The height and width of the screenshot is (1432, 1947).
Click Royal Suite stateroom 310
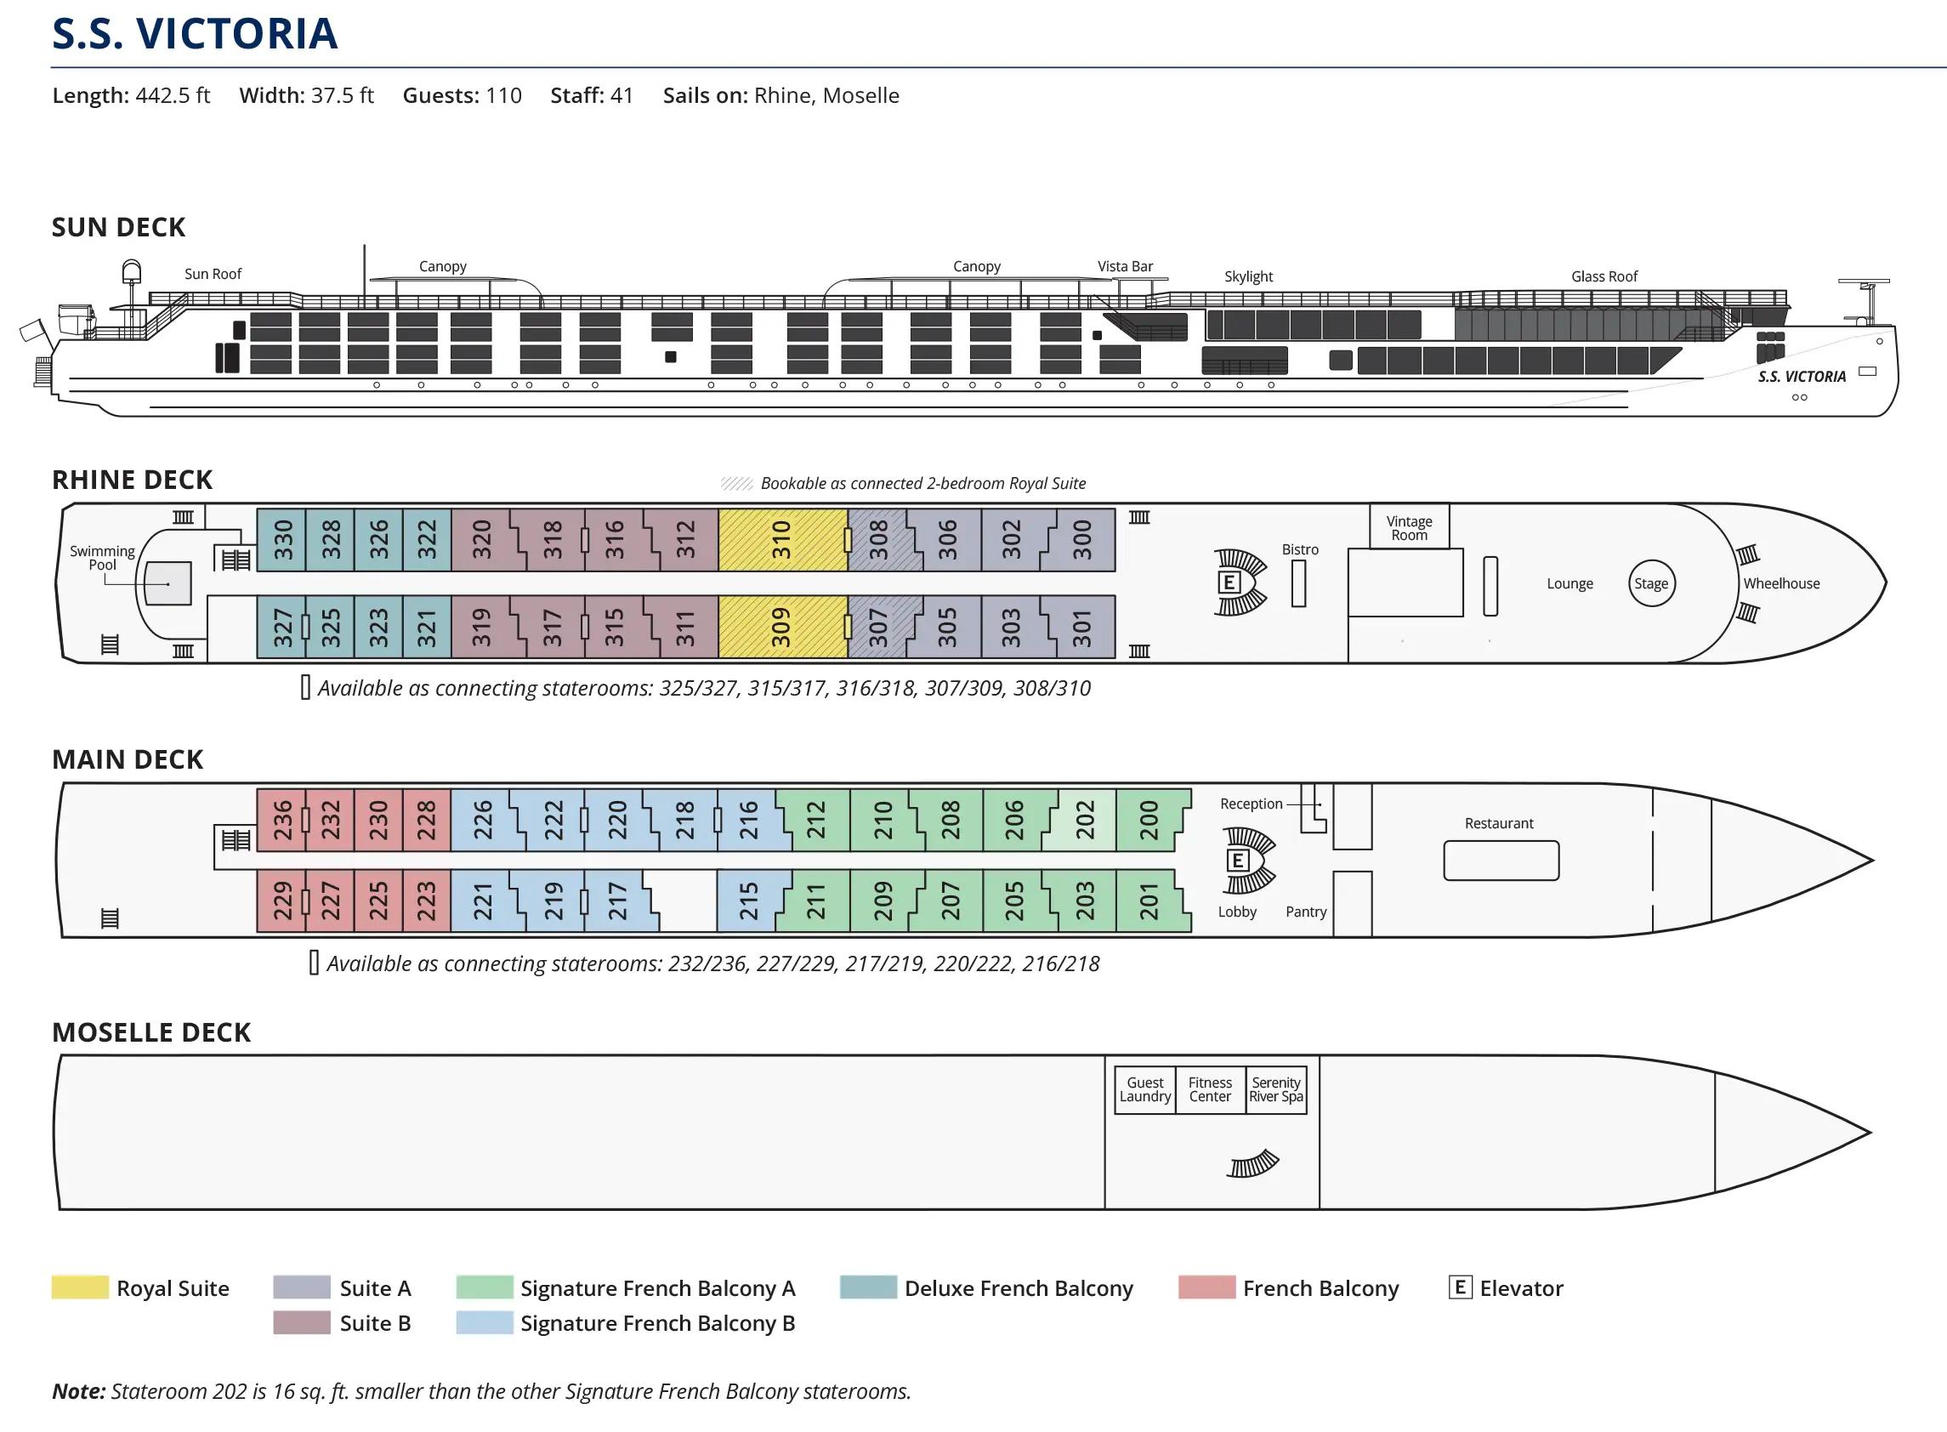coord(781,539)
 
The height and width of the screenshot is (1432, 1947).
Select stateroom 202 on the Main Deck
coord(1086,819)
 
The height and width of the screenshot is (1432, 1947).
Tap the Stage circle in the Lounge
coord(1650,583)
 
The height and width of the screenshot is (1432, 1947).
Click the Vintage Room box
coord(1409,528)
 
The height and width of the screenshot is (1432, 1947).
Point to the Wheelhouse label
coord(1781,583)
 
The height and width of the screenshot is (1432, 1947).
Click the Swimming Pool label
coord(102,557)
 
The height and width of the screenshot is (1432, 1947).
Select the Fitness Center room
coord(1210,1089)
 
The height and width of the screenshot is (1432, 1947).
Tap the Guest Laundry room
coord(1144,1089)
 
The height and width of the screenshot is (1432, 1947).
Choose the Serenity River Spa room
coord(1275,1089)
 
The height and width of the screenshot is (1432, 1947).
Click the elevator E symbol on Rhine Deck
coord(1228,582)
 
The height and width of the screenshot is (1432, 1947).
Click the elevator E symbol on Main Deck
coord(1236,860)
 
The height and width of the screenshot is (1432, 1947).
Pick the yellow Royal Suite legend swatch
coord(80,1287)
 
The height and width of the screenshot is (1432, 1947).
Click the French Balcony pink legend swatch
coord(1206,1287)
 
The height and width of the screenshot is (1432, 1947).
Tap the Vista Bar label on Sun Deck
coord(1125,267)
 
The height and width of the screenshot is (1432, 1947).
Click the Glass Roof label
coord(1604,276)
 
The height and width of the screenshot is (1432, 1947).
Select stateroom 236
coord(282,819)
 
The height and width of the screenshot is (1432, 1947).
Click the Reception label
coord(1251,804)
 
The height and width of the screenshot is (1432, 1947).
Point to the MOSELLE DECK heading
coord(151,1032)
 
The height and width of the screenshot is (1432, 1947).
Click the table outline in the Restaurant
coord(1501,861)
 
